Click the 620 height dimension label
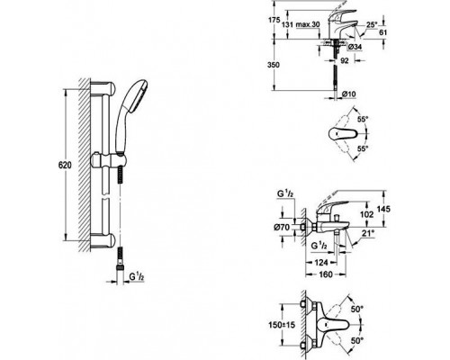[65, 165]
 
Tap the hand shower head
[135, 92]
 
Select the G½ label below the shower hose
[137, 276]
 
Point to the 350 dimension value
[273, 65]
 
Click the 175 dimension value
[274, 21]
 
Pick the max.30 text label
[308, 24]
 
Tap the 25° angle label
[372, 24]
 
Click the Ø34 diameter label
[355, 47]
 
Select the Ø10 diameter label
[348, 94]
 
